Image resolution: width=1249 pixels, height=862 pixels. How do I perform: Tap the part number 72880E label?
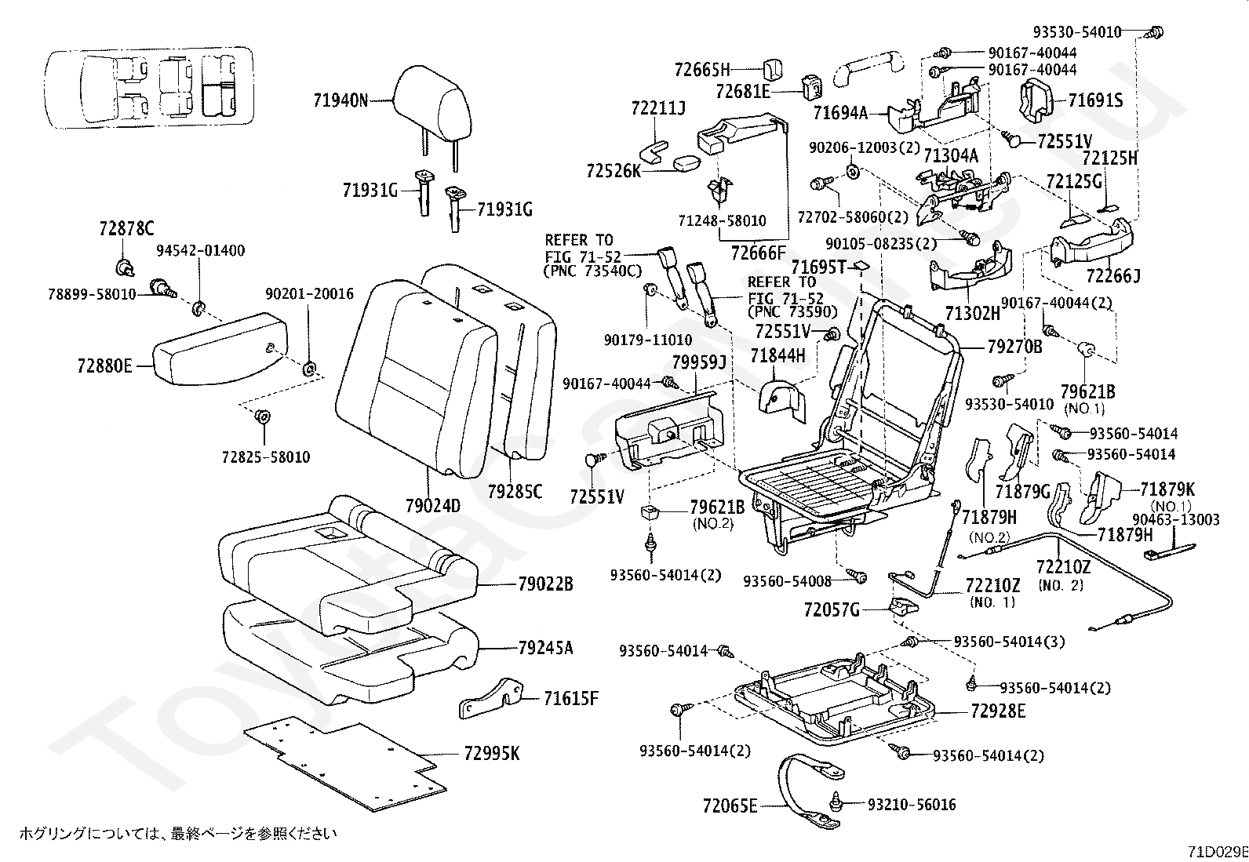pos(105,366)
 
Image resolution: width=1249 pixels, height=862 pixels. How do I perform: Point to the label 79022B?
pos(545,584)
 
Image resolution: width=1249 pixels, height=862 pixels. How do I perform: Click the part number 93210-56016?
pos(912,805)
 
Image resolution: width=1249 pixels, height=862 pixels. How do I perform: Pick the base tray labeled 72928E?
pos(836,702)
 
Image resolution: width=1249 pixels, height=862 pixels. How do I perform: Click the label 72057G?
pos(832,609)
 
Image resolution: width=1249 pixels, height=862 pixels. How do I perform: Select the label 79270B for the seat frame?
pos(1014,345)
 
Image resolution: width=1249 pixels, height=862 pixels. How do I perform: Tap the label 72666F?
pos(758,253)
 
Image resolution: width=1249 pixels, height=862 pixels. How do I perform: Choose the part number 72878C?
pos(127,228)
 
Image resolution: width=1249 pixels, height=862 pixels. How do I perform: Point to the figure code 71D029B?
pos(1217,852)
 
